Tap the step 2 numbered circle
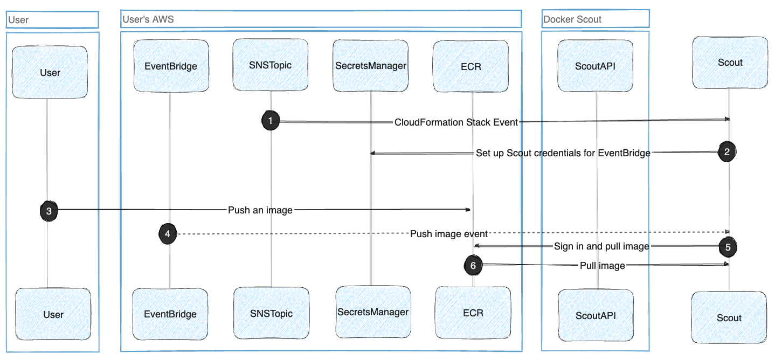tap(727, 152)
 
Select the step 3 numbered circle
tap(49, 211)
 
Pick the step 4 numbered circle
tap(168, 233)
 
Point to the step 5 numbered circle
tap(728, 247)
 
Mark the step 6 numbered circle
tap(473, 265)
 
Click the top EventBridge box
tap(170, 66)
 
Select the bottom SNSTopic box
tap(271, 313)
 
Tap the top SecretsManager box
tap(371, 66)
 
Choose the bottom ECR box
tap(473, 313)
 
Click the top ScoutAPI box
tap(596, 66)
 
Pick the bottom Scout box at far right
tap(729, 317)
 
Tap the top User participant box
tap(50, 72)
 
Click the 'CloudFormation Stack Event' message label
tap(456, 122)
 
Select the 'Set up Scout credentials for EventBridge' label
tap(563, 153)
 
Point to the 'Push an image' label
tap(260, 210)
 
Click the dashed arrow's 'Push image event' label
tap(448, 234)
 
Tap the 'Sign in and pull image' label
tap(601, 247)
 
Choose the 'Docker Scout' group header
tap(595, 19)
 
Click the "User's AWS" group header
tap(321, 19)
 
